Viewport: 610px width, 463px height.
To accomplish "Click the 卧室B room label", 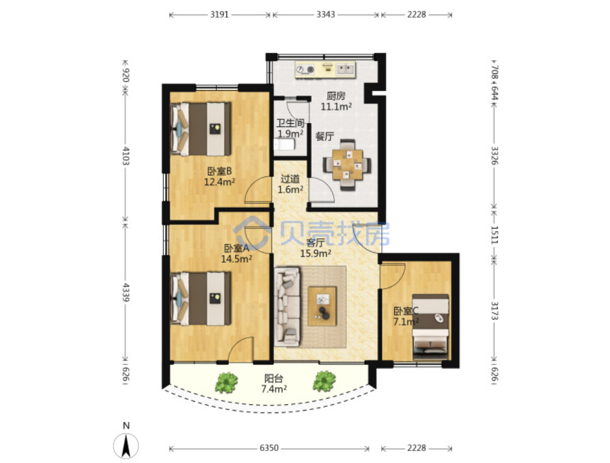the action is click(x=220, y=171).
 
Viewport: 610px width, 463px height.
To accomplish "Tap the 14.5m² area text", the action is click(x=237, y=258).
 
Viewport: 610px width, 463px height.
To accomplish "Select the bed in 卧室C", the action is click(x=430, y=327).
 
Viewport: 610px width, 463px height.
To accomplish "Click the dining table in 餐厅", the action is click(x=348, y=165).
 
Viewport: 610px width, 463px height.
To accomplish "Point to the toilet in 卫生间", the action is click(x=284, y=145).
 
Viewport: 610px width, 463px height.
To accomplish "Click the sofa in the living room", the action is click(x=288, y=306).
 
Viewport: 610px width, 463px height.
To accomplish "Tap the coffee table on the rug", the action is click(x=322, y=306).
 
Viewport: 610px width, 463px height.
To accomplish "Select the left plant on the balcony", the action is click(x=226, y=382).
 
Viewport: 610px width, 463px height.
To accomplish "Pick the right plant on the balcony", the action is click(x=324, y=382).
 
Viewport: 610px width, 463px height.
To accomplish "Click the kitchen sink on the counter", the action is click(x=345, y=69).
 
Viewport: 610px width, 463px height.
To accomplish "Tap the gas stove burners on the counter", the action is click(x=305, y=69).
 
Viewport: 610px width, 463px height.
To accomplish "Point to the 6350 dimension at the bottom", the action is click(x=269, y=448).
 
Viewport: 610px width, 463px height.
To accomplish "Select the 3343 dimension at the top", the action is click(x=326, y=15).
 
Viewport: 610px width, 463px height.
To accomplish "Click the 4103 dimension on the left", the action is click(x=126, y=155).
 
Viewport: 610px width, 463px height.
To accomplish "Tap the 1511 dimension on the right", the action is click(x=494, y=235).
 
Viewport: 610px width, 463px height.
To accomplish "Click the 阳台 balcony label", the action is click(x=274, y=378).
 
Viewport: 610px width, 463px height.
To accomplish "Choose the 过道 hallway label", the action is click(x=290, y=179).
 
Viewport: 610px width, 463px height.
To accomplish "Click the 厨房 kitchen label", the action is click(x=336, y=96).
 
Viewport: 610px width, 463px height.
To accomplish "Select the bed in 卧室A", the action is click(x=201, y=299).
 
